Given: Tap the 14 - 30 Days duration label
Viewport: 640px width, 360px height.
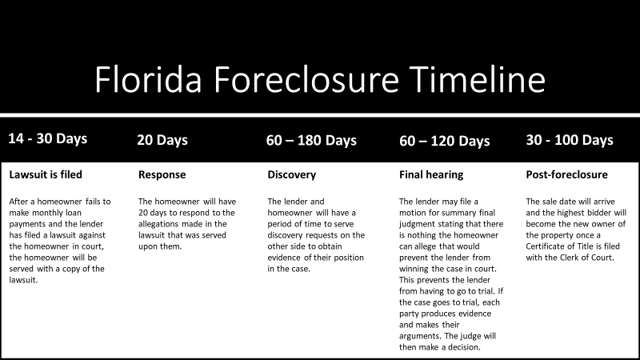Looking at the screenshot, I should pyautogui.click(x=47, y=138).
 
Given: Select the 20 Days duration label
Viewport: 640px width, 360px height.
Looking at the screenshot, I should pyautogui.click(x=162, y=140).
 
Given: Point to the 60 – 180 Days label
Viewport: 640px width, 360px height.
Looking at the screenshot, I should pyautogui.click(x=311, y=140).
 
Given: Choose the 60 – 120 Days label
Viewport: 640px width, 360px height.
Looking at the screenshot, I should pyautogui.click(x=444, y=141).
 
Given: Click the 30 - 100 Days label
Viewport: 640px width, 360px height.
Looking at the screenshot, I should pyautogui.click(x=570, y=140).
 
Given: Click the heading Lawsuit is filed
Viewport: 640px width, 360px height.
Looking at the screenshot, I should pyautogui.click(x=46, y=174).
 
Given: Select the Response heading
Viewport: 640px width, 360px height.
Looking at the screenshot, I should pyautogui.click(x=162, y=174).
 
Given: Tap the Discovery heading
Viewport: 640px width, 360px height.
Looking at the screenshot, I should pyautogui.click(x=291, y=174).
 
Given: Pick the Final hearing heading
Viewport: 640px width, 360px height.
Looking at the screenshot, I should pyautogui.click(x=431, y=174).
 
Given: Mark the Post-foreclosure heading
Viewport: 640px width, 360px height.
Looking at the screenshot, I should pyautogui.click(x=566, y=174).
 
